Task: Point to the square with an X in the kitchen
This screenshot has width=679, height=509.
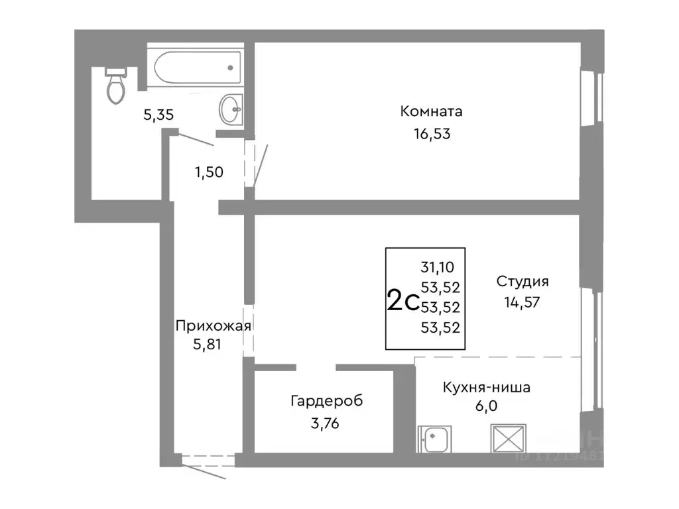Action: pyautogui.click(x=507, y=438)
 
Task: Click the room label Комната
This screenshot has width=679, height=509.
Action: pyautogui.click(x=431, y=111)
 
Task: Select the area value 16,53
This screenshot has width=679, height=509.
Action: pyautogui.click(x=431, y=134)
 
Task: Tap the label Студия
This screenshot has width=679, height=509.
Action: pyautogui.click(x=523, y=281)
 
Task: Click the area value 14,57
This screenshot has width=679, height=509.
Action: pyautogui.click(x=523, y=304)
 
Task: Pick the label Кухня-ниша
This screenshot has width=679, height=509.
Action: pyautogui.click(x=486, y=388)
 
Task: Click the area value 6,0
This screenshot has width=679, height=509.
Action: pyautogui.click(x=486, y=407)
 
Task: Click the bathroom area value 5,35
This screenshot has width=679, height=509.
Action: pyautogui.click(x=158, y=115)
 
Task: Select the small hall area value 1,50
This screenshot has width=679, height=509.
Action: pyautogui.click(x=208, y=172)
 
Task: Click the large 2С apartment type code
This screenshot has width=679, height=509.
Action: pyautogui.click(x=402, y=301)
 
